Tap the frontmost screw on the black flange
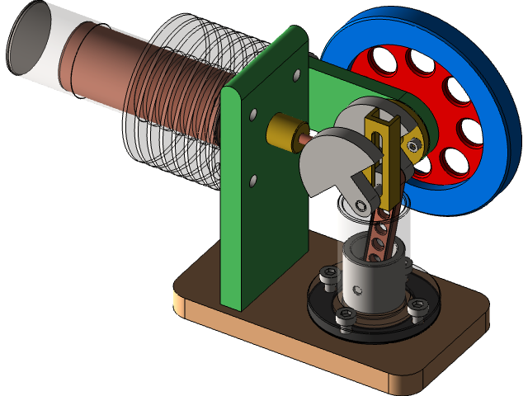tap(346, 317)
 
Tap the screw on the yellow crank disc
tap(412, 145)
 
